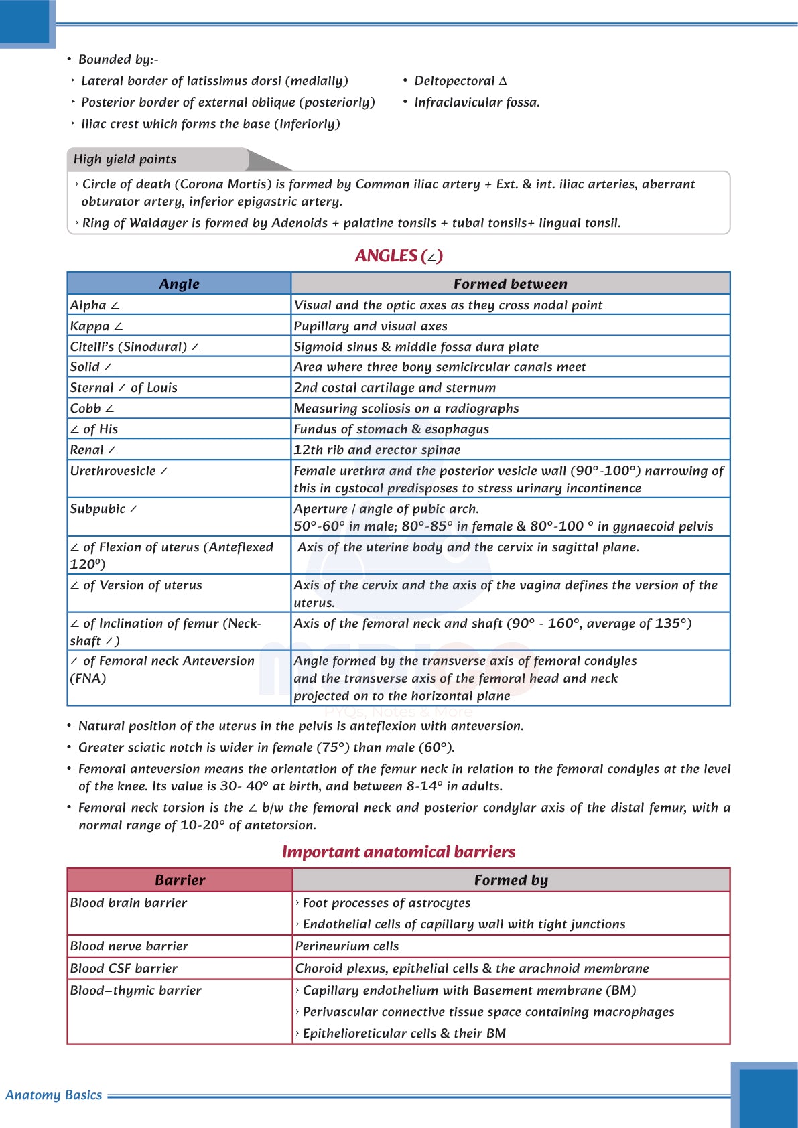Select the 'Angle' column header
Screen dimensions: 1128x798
point(179,284)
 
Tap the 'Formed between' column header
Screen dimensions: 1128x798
point(510,284)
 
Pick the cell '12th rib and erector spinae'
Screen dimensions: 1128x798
point(377,450)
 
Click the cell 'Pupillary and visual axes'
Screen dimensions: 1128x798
point(371,326)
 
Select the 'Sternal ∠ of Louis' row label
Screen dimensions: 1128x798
point(123,388)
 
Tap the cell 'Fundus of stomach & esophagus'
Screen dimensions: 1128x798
point(391,429)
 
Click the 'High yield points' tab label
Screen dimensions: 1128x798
point(125,159)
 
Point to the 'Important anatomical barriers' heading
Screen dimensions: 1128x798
point(399,852)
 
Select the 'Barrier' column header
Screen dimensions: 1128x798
point(180,880)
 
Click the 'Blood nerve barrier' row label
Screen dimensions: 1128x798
point(129,946)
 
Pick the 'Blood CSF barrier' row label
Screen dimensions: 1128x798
point(123,969)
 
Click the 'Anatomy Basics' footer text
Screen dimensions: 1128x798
point(54,1095)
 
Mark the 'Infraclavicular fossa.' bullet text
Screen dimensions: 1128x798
point(476,102)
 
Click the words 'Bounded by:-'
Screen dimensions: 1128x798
point(118,60)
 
